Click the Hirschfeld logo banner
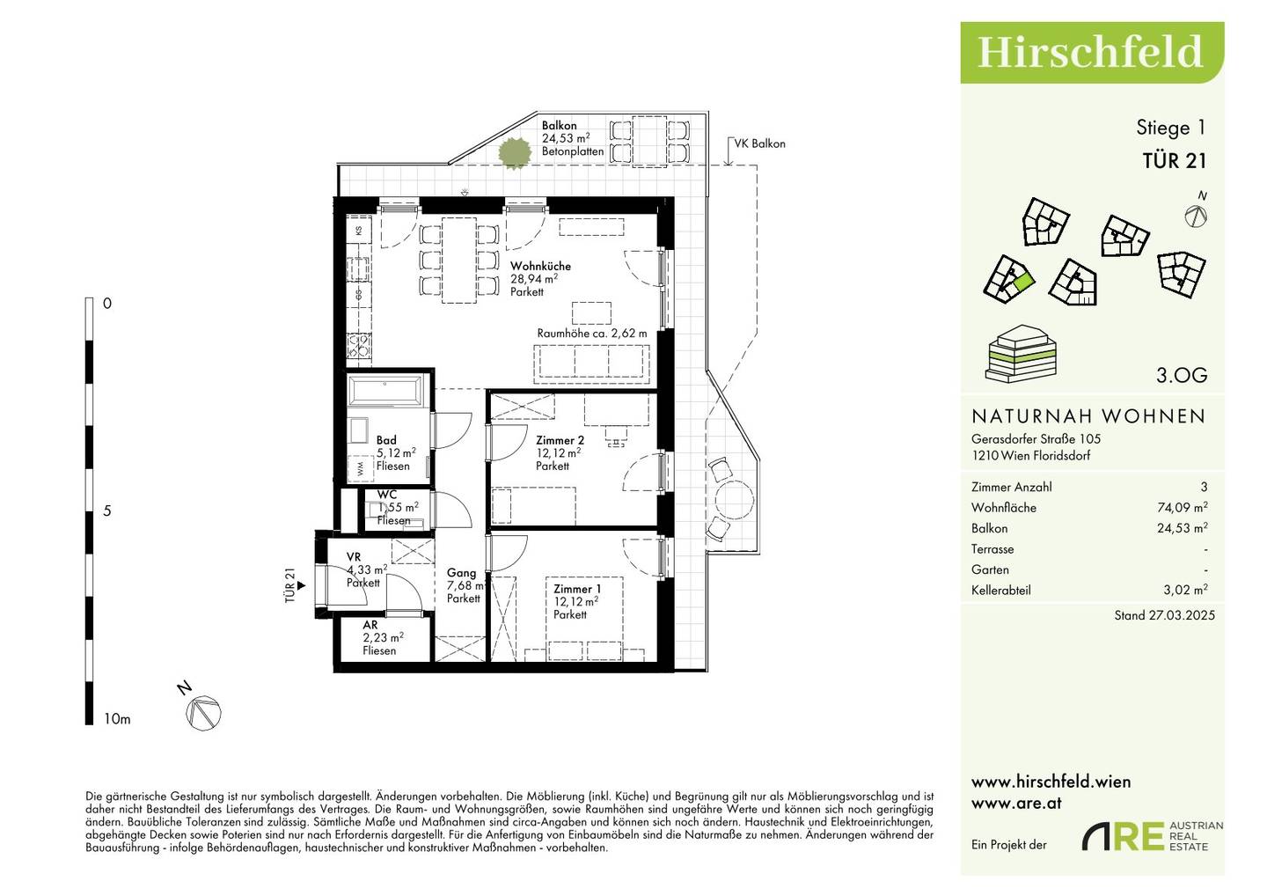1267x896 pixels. coord(1092,53)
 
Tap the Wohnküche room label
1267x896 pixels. coord(540,267)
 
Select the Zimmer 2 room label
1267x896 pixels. coord(560,441)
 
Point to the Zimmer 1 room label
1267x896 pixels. coord(577,589)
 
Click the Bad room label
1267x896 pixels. coord(386,440)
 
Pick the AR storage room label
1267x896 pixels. coord(370,625)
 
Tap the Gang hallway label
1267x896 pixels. coord(461,573)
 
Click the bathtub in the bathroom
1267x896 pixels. coord(385,390)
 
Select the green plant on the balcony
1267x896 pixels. coord(514,152)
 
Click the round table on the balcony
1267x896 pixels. coord(734,499)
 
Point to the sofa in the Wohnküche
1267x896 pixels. coord(591,361)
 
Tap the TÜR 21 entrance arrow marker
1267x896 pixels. coord(301,586)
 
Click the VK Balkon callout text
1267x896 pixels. coord(759,143)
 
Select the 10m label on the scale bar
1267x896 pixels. coord(117,719)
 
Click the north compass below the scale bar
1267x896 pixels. coord(203,712)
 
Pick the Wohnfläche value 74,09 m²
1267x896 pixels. coord(1183,507)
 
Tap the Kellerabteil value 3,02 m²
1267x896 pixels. coord(1185,590)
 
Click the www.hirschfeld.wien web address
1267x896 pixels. coord(1051,782)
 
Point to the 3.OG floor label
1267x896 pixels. coord(1182,375)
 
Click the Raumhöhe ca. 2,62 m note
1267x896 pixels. coord(591,334)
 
